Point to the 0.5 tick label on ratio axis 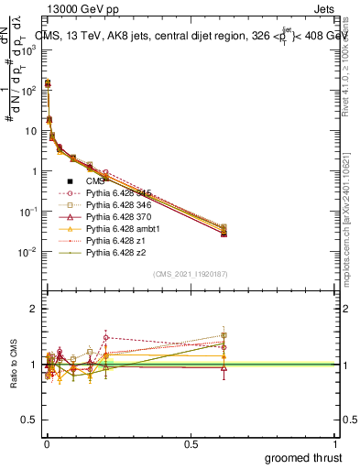[x=31, y=420]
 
